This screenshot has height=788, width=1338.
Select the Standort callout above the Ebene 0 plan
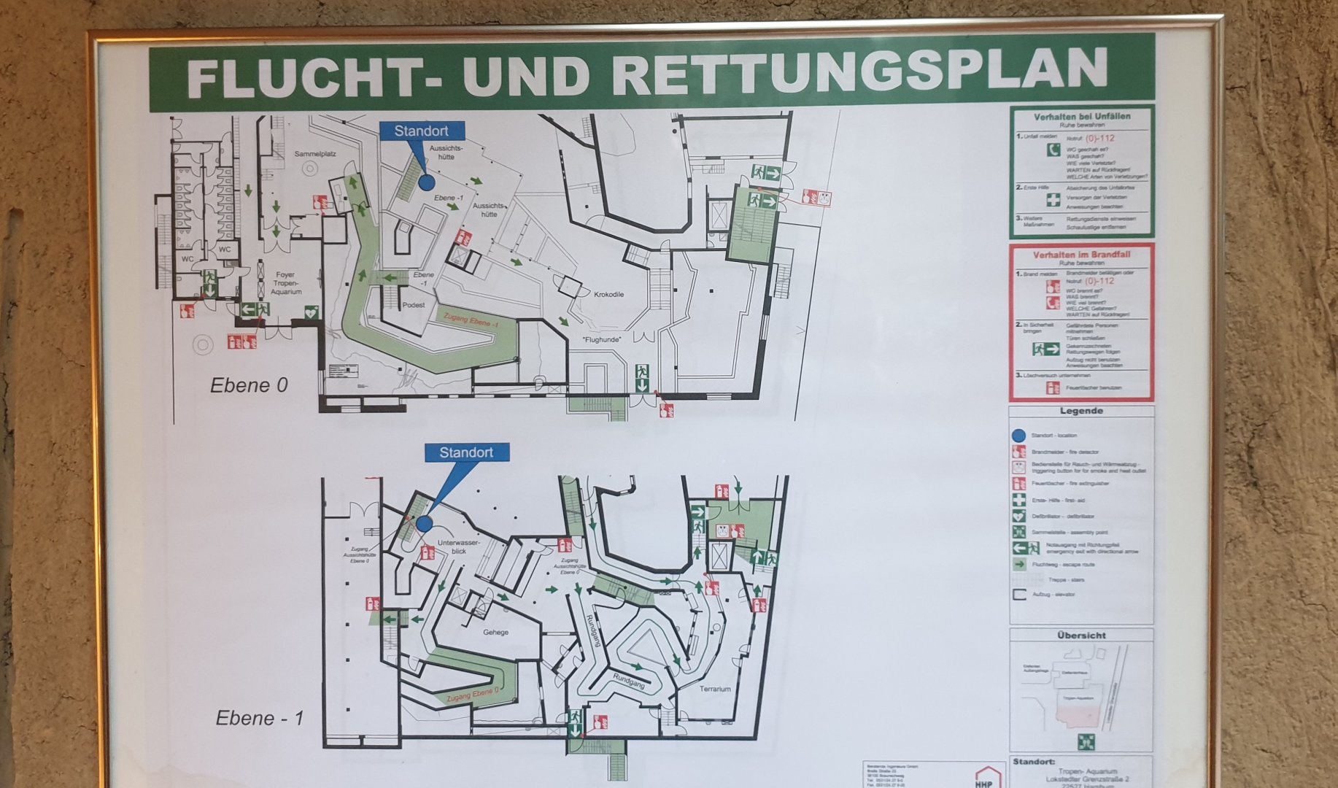[x=421, y=131]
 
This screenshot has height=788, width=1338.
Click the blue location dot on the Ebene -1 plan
[x=424, y=523]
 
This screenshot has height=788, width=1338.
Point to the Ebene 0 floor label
[x=249, y=385]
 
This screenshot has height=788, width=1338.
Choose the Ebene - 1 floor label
[x=259, y=718]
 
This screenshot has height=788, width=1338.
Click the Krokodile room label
[x=608, y=295]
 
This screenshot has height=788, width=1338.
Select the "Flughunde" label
[x=601, y=340]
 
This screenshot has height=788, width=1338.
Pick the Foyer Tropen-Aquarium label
[x=285, y=284]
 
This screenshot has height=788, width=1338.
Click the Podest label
[x=413, y=305]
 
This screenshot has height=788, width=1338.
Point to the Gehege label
[x=495, y=632]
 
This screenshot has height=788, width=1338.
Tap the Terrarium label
[x=715, y=689]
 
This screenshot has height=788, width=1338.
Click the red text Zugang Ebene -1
[x=471, y=319]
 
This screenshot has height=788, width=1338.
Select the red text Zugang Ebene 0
[x=473, y=695]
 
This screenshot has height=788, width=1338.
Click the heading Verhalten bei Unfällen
[x=1081, y=117]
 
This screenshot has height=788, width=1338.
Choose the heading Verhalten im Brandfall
[x=1081, y=255]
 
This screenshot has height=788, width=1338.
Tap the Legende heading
[x=1081, y=411]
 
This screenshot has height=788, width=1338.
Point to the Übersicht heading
[x=1081, y=636]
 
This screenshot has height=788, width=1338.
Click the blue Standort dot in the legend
[x=1019, y=436]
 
